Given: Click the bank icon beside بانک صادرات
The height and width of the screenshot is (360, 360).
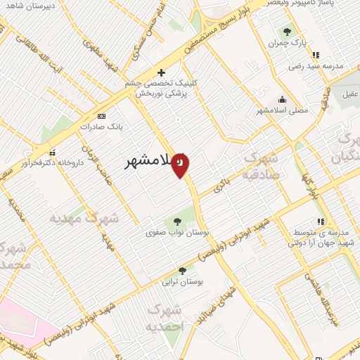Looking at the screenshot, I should (x=101, y=115).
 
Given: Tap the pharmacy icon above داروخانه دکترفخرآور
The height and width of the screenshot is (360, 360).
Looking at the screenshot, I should (x=51, y=153).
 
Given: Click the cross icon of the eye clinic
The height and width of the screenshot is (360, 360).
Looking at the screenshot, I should (x=161, y=72).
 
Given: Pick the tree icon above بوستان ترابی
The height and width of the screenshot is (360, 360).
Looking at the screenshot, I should (x=183, y=271).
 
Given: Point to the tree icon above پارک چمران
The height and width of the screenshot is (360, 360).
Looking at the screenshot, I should (x=286, y=31).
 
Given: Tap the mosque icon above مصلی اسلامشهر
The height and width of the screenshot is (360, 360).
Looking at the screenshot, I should (x=282, y=99).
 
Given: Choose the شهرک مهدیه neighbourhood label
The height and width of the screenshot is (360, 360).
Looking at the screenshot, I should (x=85, y=219).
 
